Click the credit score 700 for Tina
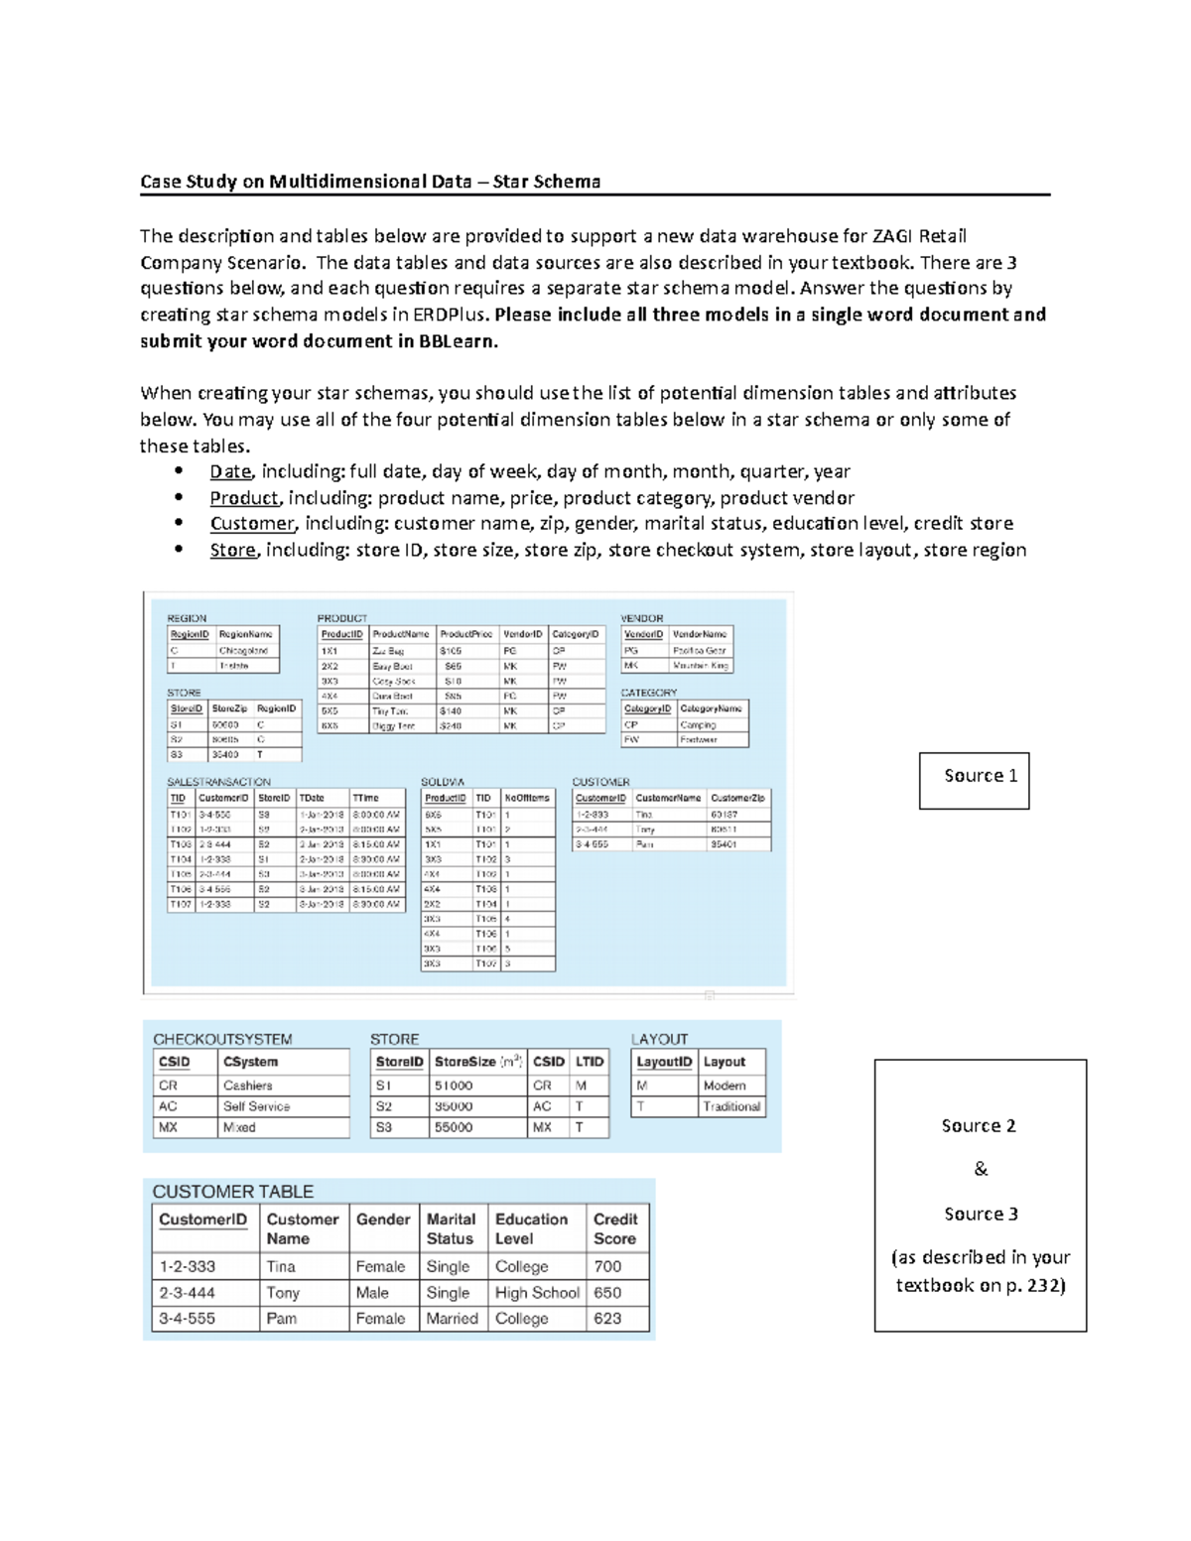pyautogui.click(x=607, y=1266)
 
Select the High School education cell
pyautogui.click(x=537, y=1293)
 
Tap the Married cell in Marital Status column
pyautogui.click(x=452, y=1319)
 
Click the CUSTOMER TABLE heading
pyautogui.click(x=232, y=1192)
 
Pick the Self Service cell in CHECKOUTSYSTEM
pyautogui.click(x=256, y=1106)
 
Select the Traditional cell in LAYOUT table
pyautogui.click(x=731, y=1106)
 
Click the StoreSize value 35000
pyautogui.click(x=454, y=1106)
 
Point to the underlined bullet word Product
pyautogui.click(x=244, y=498)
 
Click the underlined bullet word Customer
pyautogui.click(x=252, y=524)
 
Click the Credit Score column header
pyautogui.click(x=615, y=1228)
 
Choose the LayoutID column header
pyautogui.click(x=664, y=1062)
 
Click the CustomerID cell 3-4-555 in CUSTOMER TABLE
pyautogui.click(x=188, y=1319)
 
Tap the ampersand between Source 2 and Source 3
pyautogui.click(x=981, y=1169)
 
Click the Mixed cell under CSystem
pyautogui.click(x=239, y=1127)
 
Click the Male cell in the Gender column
pyautogui.click(x=372, y=1293)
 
